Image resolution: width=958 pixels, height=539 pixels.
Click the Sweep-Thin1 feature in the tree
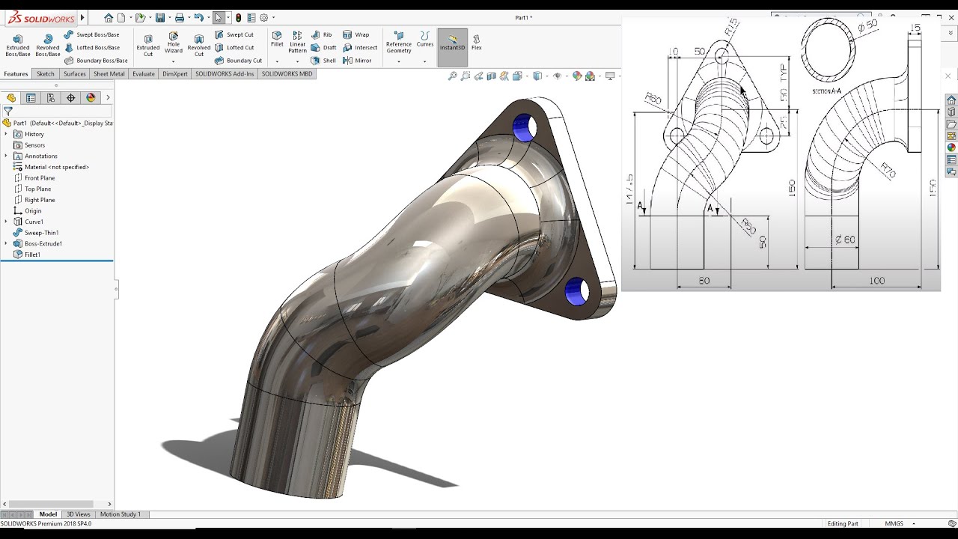tap(41, 233)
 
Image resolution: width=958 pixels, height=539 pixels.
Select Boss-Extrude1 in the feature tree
tap(43, 243)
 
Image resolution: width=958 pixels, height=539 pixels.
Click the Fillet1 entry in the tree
tap(32, 255)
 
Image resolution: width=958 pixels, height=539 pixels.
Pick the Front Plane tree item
tap(40, 178)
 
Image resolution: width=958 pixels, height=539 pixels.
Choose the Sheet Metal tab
tap(109, 74)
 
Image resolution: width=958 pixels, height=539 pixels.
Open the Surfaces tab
tap(74, 74)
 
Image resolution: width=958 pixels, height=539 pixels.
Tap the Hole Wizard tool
tap(174, 43)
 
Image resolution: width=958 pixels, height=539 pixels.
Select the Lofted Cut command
tap(239, 47)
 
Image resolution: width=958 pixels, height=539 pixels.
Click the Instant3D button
tap(452, 43)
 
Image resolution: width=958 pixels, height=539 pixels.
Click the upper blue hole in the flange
tap(523, 128)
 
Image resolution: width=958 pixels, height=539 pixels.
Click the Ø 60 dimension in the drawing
tap(845, 240)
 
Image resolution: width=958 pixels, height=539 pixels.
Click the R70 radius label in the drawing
tap(888, 170)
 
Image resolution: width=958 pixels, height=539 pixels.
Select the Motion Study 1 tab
tap(120, 514)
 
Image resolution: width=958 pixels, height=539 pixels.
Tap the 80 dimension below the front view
tap(704, 281)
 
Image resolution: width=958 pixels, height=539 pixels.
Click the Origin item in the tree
tap(33, 211)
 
